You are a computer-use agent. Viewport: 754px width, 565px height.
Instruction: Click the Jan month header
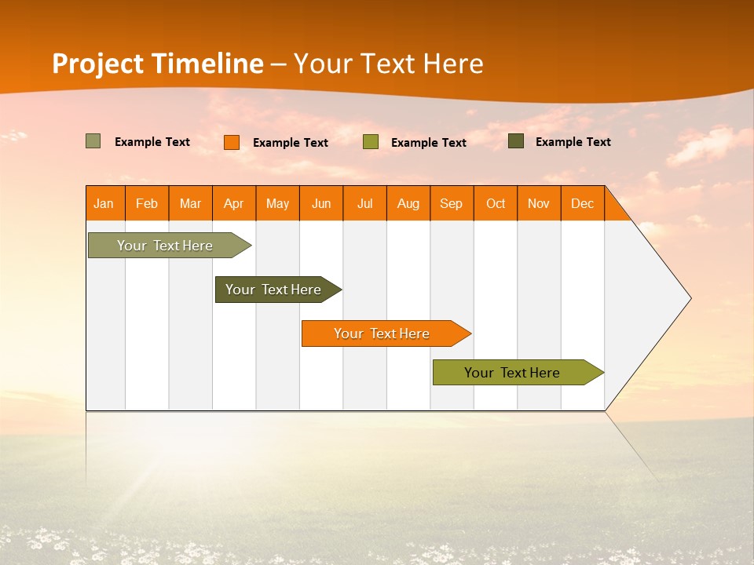[104, 204]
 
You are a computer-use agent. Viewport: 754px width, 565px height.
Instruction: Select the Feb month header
[147, 204]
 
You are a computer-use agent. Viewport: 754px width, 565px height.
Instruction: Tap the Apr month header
[234, 204]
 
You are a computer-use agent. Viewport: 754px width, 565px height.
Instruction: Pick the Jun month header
[321, 204]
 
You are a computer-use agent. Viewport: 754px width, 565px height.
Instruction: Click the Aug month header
[408, 204]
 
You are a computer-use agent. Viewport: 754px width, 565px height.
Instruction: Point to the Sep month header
[452, 204]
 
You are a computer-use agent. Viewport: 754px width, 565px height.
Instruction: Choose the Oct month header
[496, 204]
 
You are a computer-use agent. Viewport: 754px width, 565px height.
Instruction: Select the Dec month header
[583, 204]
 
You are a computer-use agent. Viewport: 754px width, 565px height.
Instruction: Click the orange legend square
[232, 142]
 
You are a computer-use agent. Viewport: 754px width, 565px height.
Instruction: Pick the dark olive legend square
[516, 141]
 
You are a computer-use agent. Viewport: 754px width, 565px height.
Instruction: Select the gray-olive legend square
[93, 141]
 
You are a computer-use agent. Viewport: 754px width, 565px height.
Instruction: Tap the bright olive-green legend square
[371, 142]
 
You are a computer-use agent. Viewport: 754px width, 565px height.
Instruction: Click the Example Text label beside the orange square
[291, 143]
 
